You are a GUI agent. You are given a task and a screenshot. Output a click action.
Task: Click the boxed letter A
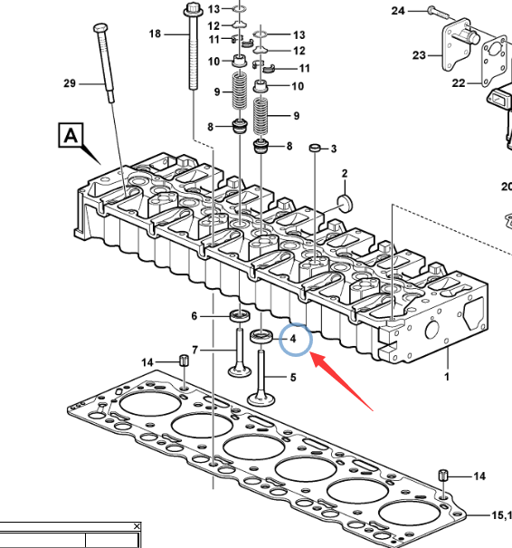click(x=71, y=135)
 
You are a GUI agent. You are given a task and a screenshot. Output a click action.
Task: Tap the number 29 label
click(x=70, y=83)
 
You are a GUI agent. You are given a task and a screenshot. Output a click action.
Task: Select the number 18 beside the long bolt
click(x=155, y=34)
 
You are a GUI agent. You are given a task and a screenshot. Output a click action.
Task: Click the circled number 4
click(x=293, y=339)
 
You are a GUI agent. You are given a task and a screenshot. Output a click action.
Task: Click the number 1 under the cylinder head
click(x=446, y=377)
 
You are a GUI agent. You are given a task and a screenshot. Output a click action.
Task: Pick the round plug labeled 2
click(x=346, y=203)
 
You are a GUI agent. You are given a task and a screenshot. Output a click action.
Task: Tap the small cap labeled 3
click(x=315, y=149)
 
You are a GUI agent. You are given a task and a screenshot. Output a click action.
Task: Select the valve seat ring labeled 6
click(x=240, y=316)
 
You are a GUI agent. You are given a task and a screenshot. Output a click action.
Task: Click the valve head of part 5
click(x=261, y=399)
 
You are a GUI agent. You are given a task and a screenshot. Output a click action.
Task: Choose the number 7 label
click(x=194, y=350)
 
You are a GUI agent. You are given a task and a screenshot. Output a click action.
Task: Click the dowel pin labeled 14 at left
click(x=184, y=360)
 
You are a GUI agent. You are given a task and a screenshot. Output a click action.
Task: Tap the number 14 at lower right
click(x=479, y=476)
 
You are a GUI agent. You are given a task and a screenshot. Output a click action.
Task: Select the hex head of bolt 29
click(x=101, y=27)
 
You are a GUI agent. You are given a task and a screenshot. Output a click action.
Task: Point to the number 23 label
click(x=419, y=55)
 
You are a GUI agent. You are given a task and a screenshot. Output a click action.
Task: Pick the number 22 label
click(x=459, y=83)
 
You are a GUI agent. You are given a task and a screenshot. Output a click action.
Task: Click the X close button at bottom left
click(x=137, y=526)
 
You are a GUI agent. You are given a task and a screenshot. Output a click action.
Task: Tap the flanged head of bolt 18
click(x=193, y=9)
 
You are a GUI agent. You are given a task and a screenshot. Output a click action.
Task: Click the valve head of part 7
click(x=240, y=370)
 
